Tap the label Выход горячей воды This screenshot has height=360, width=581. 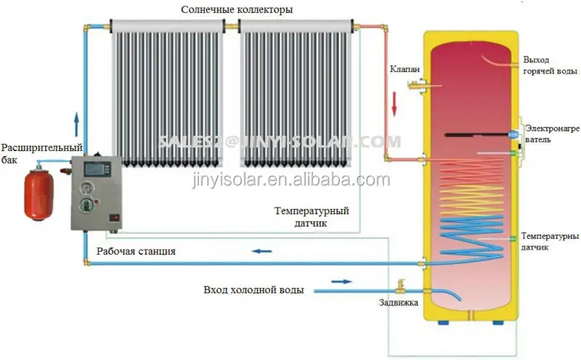547,66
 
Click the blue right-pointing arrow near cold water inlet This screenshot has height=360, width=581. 340,281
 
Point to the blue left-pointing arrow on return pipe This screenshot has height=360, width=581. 261,252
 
